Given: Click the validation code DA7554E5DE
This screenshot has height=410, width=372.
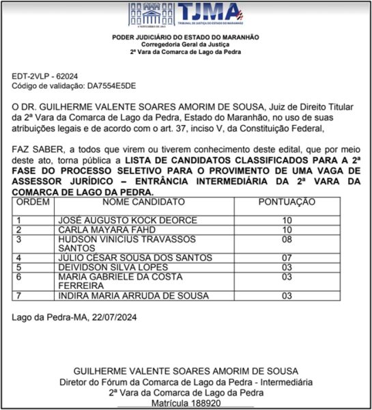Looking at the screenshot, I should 111,85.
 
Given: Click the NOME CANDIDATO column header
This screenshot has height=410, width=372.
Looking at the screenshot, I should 143,202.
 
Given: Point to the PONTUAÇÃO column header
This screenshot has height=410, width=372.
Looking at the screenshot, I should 287,202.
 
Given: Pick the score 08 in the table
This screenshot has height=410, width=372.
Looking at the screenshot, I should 287,240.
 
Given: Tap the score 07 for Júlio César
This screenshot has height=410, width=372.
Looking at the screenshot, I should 287,258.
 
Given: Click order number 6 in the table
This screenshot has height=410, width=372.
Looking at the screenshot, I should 19,277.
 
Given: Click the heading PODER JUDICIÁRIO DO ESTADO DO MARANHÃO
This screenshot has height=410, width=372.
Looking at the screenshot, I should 186,36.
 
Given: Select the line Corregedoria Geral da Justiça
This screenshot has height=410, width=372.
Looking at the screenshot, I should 186,44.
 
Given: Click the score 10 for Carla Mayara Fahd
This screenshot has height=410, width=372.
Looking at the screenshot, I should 287,230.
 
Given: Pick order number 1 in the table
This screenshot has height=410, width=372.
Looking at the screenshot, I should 19,221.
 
